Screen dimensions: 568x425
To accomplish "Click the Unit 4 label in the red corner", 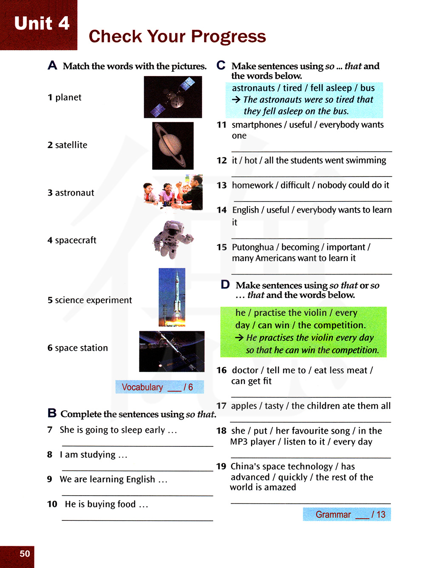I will tap(42, 23).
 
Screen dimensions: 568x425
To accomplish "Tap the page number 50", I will tap(25, 554).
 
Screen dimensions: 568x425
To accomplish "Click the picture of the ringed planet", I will tap(173, 146).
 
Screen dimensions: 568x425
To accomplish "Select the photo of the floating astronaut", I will tap(173, 239).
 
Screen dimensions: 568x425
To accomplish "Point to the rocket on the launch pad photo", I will tap(172, 297).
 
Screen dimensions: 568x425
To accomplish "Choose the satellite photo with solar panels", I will tap(173, 97).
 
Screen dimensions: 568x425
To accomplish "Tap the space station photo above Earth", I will tap(172, 351).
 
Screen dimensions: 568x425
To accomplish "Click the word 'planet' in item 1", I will tap(68, 97).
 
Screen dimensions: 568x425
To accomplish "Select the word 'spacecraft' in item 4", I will tap(76, 240).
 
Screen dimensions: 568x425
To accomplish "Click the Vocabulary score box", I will tap(159, 387).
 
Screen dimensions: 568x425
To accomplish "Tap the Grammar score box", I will tap(347, 514).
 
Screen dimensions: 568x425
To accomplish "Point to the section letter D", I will tap(225, 284).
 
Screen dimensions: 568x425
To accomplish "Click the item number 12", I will tap(221, 160).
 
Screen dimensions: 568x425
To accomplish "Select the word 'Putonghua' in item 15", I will tap(253, 247).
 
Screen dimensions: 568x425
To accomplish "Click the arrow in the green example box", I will tap(239, 338).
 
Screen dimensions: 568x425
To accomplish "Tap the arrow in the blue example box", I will tap(236, 99).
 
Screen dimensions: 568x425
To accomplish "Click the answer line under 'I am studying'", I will tap(137, 471).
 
